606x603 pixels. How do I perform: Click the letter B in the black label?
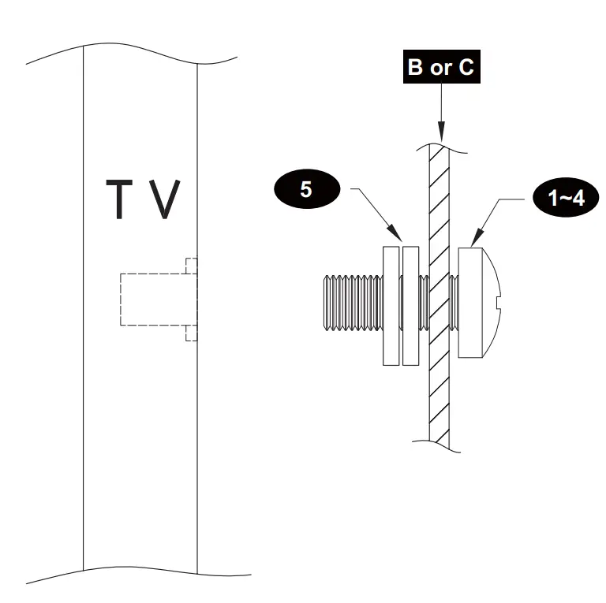[x=415, y=68]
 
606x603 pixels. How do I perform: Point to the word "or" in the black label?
[x=440, y=69]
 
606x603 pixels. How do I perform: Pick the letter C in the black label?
[x=466, y=68]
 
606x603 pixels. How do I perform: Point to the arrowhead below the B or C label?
[x=440, y=133]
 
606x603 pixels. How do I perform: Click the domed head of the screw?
[x=481, y=302]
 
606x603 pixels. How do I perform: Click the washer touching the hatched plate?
[x=410, y=306]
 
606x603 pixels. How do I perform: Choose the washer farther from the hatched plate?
[x=391, y=306]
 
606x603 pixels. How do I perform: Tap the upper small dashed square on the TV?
[x=190, y=265]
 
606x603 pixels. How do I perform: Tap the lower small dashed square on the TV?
[x=190, y=333]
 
